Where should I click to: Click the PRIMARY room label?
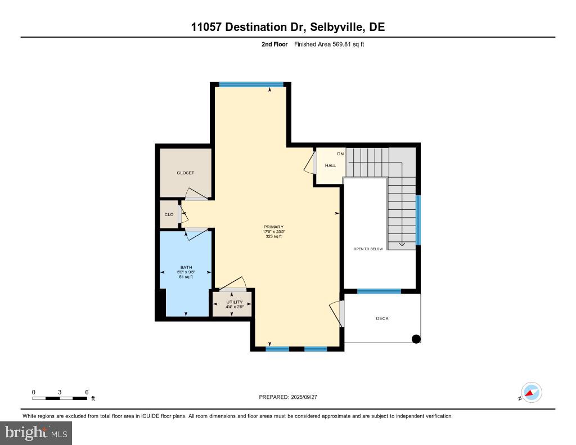[273, 227]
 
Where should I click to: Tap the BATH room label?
[186, 267]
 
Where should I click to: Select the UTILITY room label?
[235, 302]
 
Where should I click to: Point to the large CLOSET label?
[185, 173]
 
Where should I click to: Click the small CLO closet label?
[169, 214]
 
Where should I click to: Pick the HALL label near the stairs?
[330, 165]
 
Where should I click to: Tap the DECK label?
[382, 318]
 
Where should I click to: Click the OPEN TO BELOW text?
[368, 249]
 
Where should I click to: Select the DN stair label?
[340, 154]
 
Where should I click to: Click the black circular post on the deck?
[416, 338]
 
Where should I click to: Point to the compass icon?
[531, 392]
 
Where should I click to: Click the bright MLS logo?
[36, 433]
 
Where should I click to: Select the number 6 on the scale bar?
[87, 392]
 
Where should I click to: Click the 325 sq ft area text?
[273, 236]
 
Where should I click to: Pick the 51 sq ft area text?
[186, 277]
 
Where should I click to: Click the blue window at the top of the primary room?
[243, 84]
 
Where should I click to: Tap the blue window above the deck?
[379, 291]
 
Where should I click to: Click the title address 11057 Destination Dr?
[247, 28]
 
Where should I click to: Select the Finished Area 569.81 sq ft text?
[329, 44]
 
